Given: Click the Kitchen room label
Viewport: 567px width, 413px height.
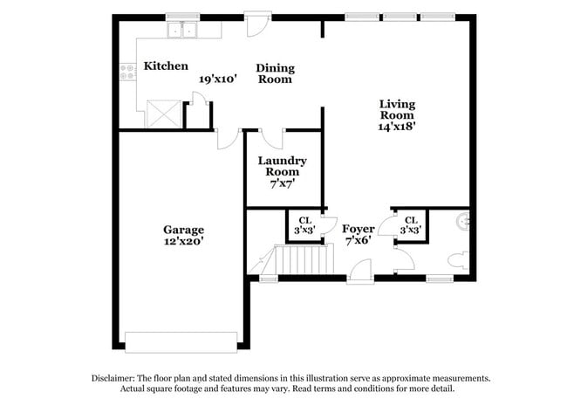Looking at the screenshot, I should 166,65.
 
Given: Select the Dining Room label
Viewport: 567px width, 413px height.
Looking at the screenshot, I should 275,73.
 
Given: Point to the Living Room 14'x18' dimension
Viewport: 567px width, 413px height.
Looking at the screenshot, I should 396,125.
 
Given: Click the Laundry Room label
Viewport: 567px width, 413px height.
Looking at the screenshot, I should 282,166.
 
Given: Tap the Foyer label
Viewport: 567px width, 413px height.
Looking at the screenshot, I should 359,229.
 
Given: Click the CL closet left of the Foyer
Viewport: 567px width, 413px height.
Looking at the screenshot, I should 305,225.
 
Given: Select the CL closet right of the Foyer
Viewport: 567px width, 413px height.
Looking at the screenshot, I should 411,225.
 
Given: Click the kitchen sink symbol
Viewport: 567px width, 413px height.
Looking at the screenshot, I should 184,31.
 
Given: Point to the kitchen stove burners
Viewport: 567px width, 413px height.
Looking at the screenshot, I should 127,72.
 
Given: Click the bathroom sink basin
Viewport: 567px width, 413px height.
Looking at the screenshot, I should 463,222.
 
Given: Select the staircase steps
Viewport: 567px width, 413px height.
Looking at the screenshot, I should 304,260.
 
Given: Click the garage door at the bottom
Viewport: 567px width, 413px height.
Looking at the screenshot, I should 181,341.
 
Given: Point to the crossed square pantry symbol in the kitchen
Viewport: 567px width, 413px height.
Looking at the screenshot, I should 162,114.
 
